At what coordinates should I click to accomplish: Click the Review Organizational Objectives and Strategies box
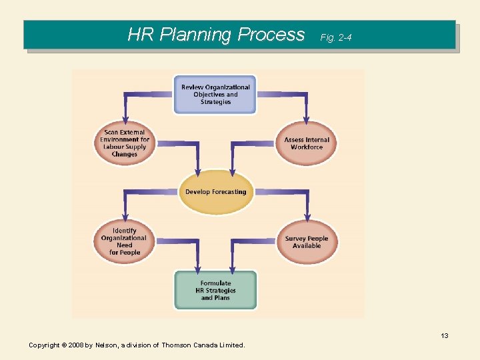(215, 95)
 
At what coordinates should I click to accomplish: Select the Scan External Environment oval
(125, 143)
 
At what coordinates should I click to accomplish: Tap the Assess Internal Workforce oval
(307, 143)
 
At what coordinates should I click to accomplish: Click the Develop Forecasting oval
(215, 192)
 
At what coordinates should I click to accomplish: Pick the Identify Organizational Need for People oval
(125, 241)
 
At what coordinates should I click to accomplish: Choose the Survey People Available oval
(307, 242)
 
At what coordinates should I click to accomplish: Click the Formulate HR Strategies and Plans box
(215, 291)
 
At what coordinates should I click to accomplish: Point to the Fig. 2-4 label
(335, 37)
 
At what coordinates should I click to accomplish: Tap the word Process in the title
(271, 35)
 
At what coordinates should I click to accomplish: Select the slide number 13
(444, 335)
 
